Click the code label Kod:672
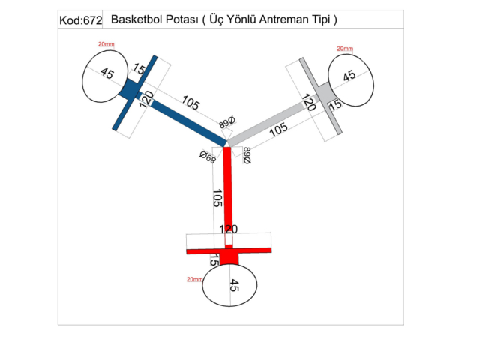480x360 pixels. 80,20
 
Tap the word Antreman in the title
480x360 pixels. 274,19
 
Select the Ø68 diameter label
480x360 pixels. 208,157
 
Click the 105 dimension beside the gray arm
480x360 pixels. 278,129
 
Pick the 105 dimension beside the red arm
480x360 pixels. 217,199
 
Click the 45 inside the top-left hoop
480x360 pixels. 106,73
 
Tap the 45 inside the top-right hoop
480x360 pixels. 349,76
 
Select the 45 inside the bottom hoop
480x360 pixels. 233,286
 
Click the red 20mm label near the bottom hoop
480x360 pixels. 195,279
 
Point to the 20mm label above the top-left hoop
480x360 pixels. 106,44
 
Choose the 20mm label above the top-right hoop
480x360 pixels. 346,49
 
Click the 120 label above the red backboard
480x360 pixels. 229,229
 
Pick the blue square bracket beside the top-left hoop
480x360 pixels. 129,90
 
